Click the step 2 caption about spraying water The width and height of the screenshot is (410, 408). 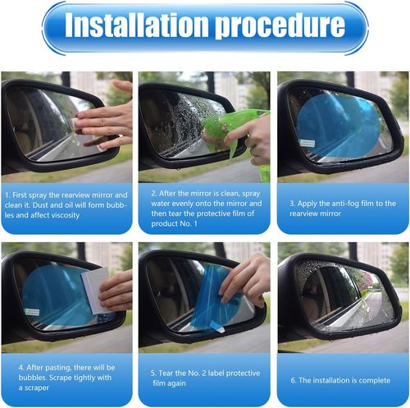(204, 209)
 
